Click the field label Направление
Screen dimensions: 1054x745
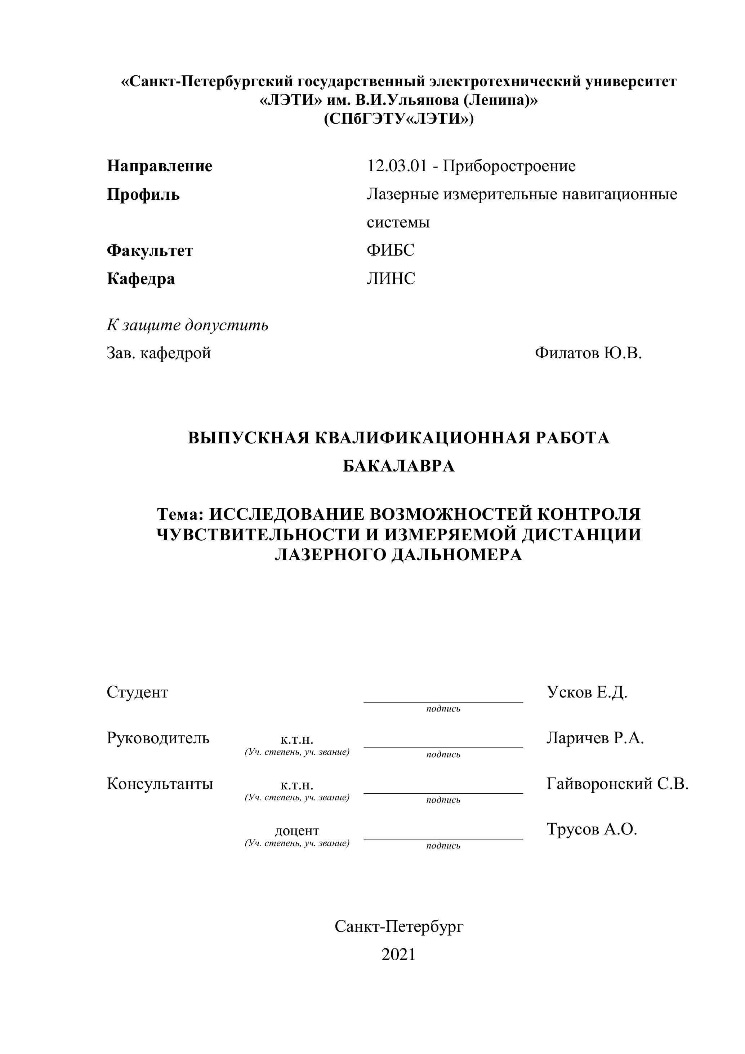[x=160, y=166]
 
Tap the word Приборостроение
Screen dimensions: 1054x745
[x=509, y=166]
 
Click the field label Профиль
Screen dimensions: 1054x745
[x=143, y=195]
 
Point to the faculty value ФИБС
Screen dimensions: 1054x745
[x=391, y=250]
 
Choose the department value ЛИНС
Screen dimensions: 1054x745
[x=391, y=279]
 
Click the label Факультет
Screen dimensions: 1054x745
[x=150, y=251]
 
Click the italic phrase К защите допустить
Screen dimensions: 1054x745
[x=187, y=325]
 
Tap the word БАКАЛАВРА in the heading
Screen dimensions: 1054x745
[x=399, y=466]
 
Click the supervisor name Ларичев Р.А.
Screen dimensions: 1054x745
[x=595, y=738]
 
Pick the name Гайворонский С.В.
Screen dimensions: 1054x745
[x=617, y=784]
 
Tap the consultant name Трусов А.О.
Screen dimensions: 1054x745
[x=592, y=829]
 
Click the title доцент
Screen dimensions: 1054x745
[x=297, y=831]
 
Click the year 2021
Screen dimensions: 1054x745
[x=398, y=955]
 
